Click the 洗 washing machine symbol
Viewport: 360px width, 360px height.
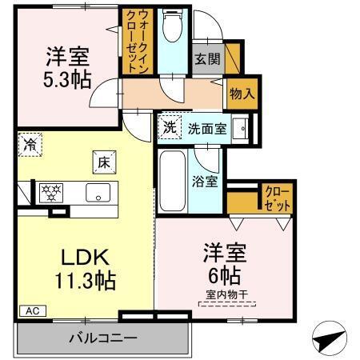(x=170, y=127)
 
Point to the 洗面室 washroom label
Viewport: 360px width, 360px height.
(x=206, y=128)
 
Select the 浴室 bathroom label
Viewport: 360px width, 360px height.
(x=206, y=181)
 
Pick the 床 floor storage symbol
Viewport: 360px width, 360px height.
(x=104, y=160)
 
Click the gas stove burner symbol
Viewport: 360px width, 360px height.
(x=51, y=192)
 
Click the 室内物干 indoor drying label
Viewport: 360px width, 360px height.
(x=226, y=297)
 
